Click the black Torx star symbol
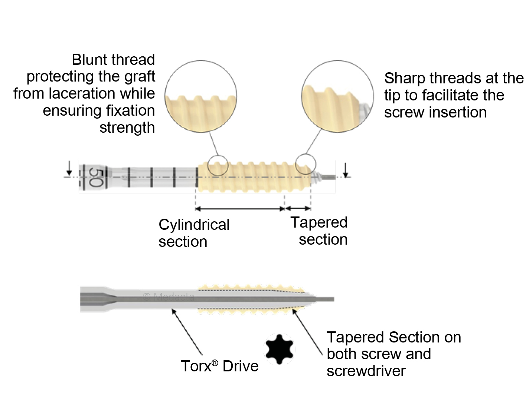pyautogui.click(x=279, y=349)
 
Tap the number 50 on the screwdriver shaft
pyautogui.click(x=96, y=177)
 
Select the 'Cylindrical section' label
pyautogui.click(x=194, y=233)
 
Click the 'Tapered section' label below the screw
pyautogui.click(x=319, y=231)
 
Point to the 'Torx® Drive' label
pyautogui.click(x=219, y=366)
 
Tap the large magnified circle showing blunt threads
pyautogui.click(x=200, y=95)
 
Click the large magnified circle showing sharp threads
pyautogui.click(x=338, y=95)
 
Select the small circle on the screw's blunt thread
pyautogui.click(x=218, y=165)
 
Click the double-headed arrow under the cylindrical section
pyautogui.click(x=240, y=209)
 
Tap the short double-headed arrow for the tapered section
pyautogui.click(x=298, y=209)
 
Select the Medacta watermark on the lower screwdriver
pyautogui.click(x=169, y=297)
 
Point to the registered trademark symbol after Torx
pyautogui.click(x=215, y=361)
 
